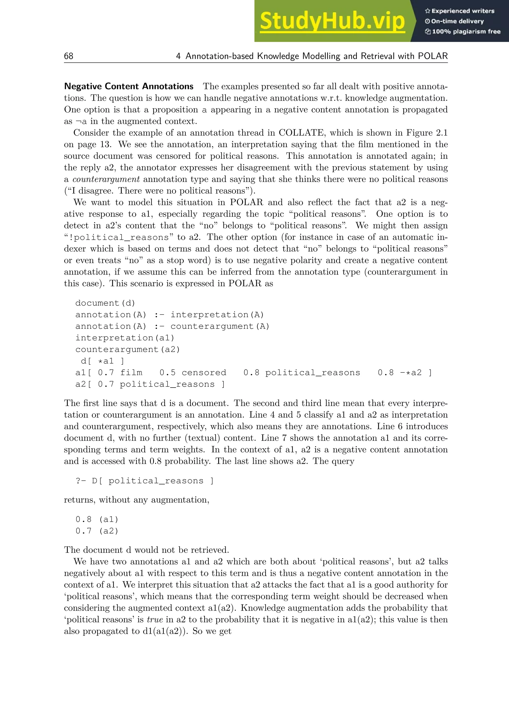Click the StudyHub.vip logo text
click(332, 21)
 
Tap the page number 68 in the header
click(69, 56)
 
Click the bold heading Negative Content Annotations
click(129, 86)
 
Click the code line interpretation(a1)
click(125, 338)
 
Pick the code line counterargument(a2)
click(127, 349)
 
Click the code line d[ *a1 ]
click(102, 361)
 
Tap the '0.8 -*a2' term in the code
click(400, 372)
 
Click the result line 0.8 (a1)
click(97, 519)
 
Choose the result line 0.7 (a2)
click(97, 531)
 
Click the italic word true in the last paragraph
click(155, 619)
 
